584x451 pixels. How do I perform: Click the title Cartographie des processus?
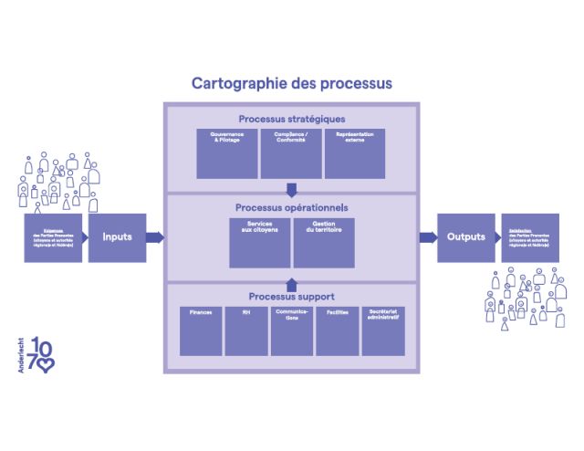click(291, 84)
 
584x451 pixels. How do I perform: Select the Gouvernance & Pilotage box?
click(227, 152)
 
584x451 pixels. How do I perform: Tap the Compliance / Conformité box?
click(291, 152)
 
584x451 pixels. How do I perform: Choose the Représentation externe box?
click(355, 152)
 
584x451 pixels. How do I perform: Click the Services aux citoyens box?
click(259, 242)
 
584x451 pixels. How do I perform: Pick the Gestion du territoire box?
click(324, 242)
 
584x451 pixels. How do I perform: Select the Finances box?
click(201, 330)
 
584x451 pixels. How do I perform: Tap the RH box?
click(246, 330)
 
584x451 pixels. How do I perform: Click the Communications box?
click(291, 330)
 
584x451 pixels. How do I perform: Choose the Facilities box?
click(337, 330)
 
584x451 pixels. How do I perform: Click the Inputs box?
click(117, 237)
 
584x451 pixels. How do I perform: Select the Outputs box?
click(465, 237)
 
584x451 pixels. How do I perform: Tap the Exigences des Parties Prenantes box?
click(54, 237)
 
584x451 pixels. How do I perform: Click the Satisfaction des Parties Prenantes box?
click(530, 237)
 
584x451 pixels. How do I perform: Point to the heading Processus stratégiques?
click(291, 119)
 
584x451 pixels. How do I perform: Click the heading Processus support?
click(291, 297)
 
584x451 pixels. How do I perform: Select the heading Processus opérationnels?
click(291, 207)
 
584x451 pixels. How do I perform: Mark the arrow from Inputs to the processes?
click(154, 237)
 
